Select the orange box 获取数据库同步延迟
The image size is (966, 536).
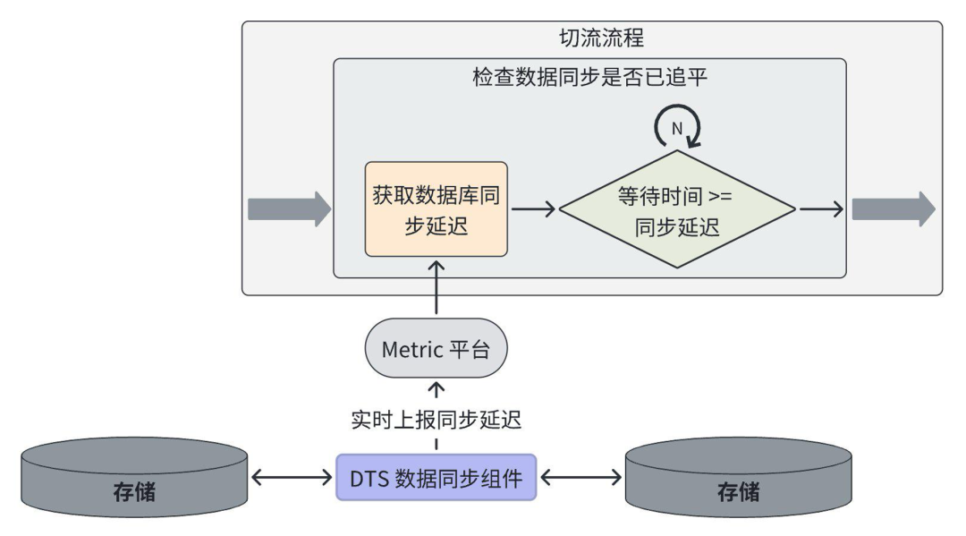[436, 209]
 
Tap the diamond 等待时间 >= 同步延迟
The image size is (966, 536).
[677, 210]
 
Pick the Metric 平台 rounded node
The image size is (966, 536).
[436, 348]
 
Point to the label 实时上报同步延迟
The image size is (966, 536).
[436, 419]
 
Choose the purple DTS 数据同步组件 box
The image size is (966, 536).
[436, 476]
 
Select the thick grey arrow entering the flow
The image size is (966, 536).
[288, 209]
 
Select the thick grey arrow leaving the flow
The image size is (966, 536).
[893, 209]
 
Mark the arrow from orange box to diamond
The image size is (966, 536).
[533, 209]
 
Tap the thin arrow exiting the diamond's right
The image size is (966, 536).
[820, 209]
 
